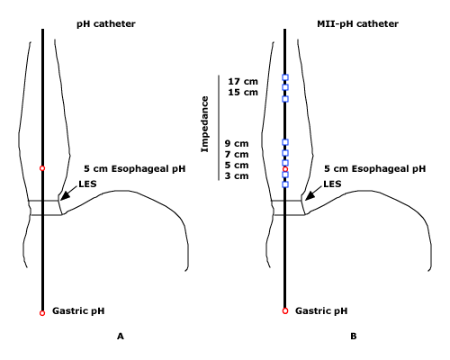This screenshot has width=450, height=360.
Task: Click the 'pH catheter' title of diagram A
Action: click(x=106, y=24)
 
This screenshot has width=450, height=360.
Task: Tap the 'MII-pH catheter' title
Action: click(x=357, y=24)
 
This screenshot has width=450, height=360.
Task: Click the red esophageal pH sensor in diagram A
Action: click(x=42, y=168)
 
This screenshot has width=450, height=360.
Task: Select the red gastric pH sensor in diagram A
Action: click(x=42, y=313)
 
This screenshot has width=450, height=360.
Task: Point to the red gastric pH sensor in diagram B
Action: click(x=285, y=311)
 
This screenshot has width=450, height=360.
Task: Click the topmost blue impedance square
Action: click(x=285, y=77)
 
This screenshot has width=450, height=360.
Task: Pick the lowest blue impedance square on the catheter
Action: click(x=285, y=184)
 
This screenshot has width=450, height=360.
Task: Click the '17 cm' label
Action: click(x=243, y=82)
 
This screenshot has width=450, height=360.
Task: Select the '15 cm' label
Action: click(x=243, y=93)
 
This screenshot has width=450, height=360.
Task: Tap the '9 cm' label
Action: click(x=237, y=144)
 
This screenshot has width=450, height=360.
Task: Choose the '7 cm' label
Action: click(x=237, y=155)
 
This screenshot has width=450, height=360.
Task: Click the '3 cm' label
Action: click(x=237, y=175)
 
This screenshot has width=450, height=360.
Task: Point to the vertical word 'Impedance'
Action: click(x=204, y=124)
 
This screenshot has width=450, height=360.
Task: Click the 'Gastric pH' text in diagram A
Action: click(x=78, y=311)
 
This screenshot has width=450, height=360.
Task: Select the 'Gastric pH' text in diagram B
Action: click(x=321, y=311)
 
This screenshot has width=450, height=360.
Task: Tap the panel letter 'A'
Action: click(x=121, y=337)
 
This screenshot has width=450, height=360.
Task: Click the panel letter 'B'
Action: click(x=354, y=337)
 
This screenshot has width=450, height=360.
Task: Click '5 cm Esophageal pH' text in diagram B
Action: click(x=374, y=169)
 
